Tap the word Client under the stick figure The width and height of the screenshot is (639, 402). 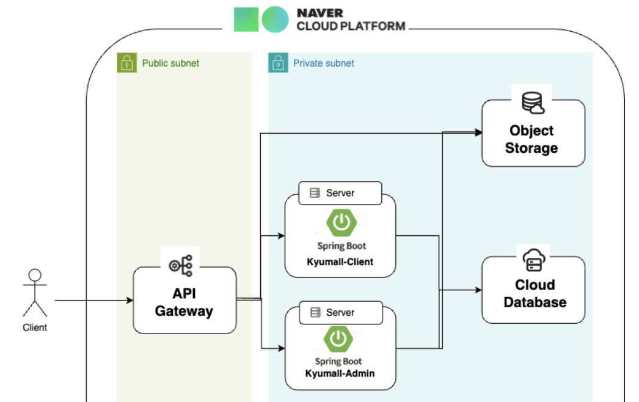tap(35, 327)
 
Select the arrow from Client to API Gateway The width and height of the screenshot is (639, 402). tap(92, 300)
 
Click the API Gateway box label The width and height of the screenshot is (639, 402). tap(184, 302)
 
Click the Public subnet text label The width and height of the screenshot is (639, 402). tap(170, 63)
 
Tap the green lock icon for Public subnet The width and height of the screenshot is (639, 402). tap(126, 63)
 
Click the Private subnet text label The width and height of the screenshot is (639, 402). tap(323, 63)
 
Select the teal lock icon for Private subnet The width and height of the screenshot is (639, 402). tap(278, 63)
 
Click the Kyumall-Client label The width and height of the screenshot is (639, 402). tap(340, 261)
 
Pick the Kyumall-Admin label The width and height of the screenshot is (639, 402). tap(340, 373)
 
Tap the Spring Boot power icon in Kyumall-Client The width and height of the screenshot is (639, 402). tap(341, 223)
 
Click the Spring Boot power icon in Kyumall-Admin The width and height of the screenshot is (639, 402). tap(338, 338)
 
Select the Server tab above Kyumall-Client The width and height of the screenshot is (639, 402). tap(340, 193)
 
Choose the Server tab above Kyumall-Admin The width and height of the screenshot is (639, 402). tap(340, 312)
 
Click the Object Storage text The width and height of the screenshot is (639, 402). tap(531, 139)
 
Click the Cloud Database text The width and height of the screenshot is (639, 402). tap(535, 294)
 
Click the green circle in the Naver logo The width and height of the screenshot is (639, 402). tap(275, 20)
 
